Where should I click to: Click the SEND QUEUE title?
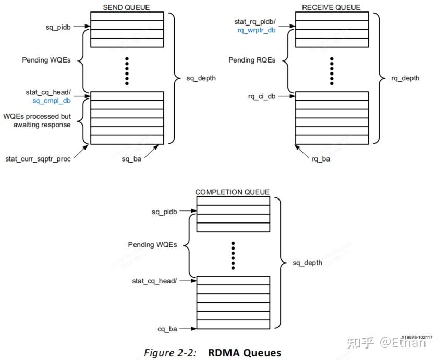[x=127, y=7]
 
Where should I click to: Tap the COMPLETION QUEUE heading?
[x=232, y=192]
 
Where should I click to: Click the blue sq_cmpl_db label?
[x=51, y=101]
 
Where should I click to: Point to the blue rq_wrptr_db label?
[x=256, y=30]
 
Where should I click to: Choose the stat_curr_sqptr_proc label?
[x=38, y=158]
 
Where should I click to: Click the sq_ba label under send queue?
[x=132, y=158]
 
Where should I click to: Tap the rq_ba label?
[x=321, y=158]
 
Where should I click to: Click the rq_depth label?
[x=405, y=78]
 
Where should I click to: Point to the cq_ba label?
[x=167, y=329]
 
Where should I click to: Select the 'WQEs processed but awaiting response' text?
[x=37, y=120]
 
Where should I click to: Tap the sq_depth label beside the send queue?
[x=201, y=78]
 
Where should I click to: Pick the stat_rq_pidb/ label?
[x=256, y=21]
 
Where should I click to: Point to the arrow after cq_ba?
[x=187, y=329]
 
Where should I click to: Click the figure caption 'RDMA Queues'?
[x=245, y=352]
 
